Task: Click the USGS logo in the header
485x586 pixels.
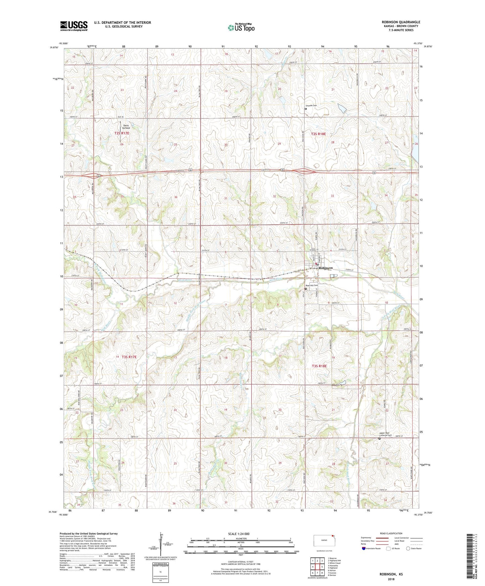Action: (74, 26)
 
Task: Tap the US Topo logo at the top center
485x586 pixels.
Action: (241, 28)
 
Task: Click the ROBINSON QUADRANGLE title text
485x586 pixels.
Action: (401, 22)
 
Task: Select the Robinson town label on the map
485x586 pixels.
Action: (326, 268)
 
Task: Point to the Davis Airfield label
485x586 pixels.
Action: (126, 127)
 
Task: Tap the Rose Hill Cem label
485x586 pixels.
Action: (311, 286)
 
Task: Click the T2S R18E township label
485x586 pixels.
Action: (318, 134)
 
